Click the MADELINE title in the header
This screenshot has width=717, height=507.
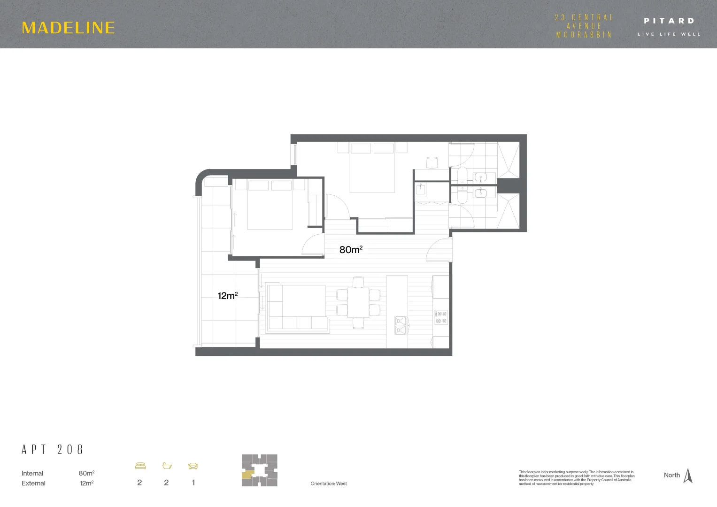tap(69, 28)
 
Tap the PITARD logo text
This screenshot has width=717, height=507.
tap(669, 21)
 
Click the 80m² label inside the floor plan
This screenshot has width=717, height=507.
tap(351, 250)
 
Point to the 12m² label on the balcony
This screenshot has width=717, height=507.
tap(227, 296)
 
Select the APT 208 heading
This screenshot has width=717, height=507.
tap(53, 450)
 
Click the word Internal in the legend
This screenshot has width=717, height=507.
tap(32, 473)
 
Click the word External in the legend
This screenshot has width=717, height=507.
tap(33, 483)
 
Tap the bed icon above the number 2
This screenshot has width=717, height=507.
tap(140, 466)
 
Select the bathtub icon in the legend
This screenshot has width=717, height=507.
tap(167, 466)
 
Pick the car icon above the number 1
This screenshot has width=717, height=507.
tap(193, 466)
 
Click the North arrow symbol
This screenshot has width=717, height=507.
tap(688, 476)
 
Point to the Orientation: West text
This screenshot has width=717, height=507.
tap(329, 484)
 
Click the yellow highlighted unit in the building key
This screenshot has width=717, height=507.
tap(248, 474)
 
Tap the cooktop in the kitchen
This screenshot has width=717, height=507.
tap(441, 317)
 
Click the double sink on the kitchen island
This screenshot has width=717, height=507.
tap(400, 325)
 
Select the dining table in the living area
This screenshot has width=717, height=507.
tap(358, 302)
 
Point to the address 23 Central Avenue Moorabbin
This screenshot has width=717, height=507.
tap(584, 26)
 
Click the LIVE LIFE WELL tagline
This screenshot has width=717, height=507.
tap(669, 34)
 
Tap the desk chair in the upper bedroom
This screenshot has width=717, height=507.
tap(432, 162)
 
